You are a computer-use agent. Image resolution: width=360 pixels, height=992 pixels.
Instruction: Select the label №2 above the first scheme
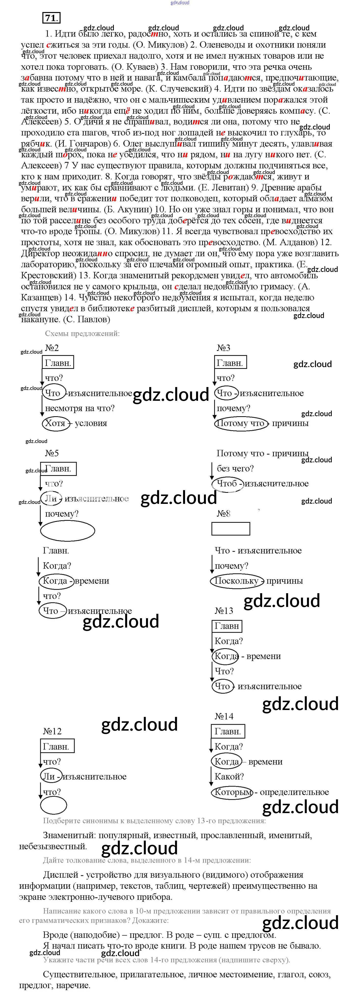tap(52, 348)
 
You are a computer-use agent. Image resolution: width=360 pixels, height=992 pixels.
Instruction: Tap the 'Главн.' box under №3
tap(230, 363)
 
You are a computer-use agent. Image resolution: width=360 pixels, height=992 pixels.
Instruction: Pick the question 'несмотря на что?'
tap(80, 408)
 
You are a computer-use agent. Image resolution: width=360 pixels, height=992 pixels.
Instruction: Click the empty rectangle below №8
tap(231, 529)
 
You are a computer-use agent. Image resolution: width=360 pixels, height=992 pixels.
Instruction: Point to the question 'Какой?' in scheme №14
tap(229, 777)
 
